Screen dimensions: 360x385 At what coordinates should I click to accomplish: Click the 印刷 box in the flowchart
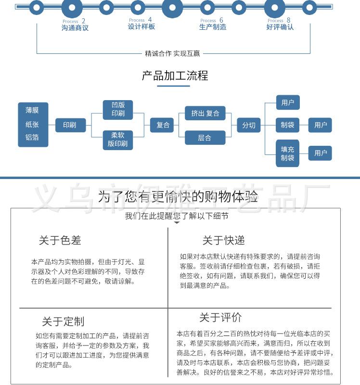(x=70, y=125)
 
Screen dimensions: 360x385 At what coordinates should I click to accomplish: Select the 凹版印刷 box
(x=118, y=110)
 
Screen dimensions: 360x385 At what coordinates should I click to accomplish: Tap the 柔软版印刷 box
(x=118, y=140)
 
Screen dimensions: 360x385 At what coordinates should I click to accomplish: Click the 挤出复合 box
(x=205, y=113)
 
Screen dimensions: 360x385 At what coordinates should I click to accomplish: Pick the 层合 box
(x=205, y=138)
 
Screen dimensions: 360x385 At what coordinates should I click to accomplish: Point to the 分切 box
(x=248, y=125)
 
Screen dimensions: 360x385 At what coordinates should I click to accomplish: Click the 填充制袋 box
(x=287, y=154)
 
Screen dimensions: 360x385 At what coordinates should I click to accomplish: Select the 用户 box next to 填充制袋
(x=320, y=153)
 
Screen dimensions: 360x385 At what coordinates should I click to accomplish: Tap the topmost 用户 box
(x=288, y=102)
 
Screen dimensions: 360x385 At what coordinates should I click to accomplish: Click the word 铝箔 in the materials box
(x=32, y=137)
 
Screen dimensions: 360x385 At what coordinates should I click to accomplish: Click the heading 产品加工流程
(x=175, y=76)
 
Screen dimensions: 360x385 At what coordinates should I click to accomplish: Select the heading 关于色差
(x=60, y=240)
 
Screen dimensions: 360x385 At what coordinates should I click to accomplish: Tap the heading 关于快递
(x=224, y=240)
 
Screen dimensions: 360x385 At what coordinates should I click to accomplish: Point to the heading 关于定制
(x=63, y=321)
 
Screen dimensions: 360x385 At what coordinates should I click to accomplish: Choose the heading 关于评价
(x=220, y=318)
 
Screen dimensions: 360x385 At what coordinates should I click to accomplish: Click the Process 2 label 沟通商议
(x=75, y=28)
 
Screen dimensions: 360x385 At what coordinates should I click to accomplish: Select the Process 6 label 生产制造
(x=213, y=27)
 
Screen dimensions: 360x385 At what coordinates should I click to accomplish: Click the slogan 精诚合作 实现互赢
(x=172, y=53)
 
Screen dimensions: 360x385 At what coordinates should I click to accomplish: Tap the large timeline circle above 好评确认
(x=275, y=7)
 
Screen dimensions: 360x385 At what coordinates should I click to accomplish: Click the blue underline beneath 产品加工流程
(x=174, y=86)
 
